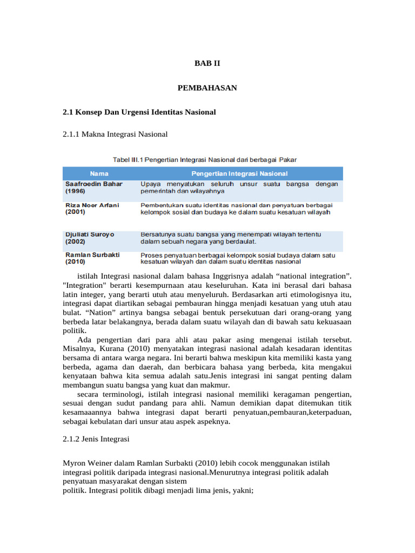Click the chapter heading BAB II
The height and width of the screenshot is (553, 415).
tap(207, 63)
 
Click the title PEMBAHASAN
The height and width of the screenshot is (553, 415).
tap(207, 87)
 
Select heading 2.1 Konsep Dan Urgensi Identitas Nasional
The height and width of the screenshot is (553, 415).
tap(139, 112)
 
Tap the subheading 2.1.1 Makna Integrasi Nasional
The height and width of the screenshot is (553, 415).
tap(116, 134)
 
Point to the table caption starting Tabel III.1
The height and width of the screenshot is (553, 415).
tap(204, 159)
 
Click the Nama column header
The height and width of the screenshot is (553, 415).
tap(99, 173)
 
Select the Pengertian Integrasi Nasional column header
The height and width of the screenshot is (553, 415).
tap(239, 173)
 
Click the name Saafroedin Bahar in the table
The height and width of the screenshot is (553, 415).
tap(94, 184)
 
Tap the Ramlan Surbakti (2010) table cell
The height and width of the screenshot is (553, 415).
tap(92, 258)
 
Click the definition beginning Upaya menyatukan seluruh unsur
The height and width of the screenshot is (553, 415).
tap(239, 187)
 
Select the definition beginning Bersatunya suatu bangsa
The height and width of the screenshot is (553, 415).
tap(231, 238)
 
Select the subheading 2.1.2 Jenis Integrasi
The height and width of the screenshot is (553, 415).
tap(96, 439)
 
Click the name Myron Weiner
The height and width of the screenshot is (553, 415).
tap(86, 463)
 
